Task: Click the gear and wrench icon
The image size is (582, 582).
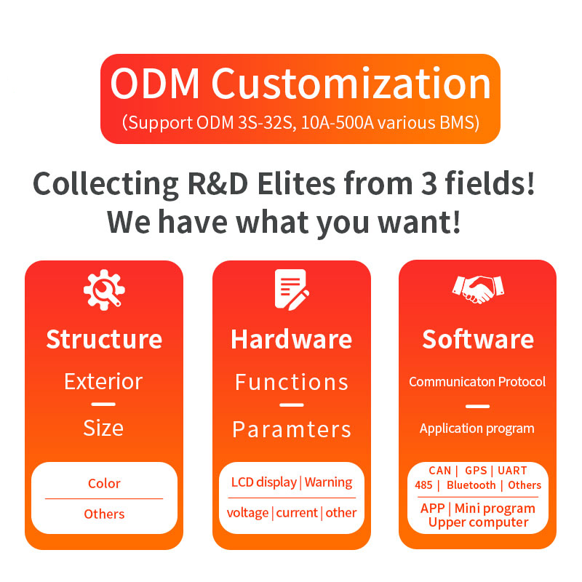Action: click(104, 290)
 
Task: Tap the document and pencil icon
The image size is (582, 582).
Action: click(292, 290)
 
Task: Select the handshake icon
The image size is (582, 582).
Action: click(478, 290)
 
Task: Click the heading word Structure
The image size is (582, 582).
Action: click(104, 339)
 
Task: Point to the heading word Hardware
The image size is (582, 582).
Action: click(292, 339)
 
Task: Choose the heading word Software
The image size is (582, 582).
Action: click(478, 339)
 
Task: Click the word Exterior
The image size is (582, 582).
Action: click(103, 381)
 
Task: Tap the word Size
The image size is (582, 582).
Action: click(103, 428)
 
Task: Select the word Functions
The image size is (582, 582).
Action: click(292, 383)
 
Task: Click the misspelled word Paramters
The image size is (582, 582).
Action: click(292, 429)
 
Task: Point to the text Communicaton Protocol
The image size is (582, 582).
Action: click(477, 381)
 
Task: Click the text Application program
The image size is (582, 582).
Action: click(477, 428)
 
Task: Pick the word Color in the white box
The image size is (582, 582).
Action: click(104, 483)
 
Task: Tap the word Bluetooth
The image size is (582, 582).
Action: click(471, 485)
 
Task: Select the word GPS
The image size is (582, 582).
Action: click(476, 471)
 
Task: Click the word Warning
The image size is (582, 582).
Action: click(329, 482)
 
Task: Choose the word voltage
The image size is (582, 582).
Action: click(247, 513)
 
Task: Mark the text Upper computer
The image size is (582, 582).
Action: click(478, 522)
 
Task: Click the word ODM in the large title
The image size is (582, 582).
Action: click(155, 84)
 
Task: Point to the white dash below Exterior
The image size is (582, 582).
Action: click(103, 404)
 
